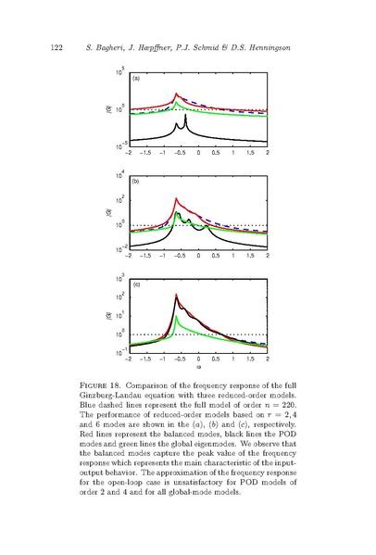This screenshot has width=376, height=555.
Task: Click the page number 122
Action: point(56,48)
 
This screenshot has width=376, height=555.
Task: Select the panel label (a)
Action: point(136,79)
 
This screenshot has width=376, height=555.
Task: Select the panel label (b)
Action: point(136,182)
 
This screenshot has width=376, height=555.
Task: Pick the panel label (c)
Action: point(136,284)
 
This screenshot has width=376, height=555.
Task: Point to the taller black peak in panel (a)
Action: point(185,115)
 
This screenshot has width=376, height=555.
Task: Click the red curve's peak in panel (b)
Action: point(176,199)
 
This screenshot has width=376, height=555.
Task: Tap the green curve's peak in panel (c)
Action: point(176,317)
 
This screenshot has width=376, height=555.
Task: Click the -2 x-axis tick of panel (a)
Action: point(129,153)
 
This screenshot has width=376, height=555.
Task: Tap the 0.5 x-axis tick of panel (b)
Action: point(216,256)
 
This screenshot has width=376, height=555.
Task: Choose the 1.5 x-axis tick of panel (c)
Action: point(250,359)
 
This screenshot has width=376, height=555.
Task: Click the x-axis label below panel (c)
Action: point(199,368)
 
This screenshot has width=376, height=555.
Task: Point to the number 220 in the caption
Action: point(289,405)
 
